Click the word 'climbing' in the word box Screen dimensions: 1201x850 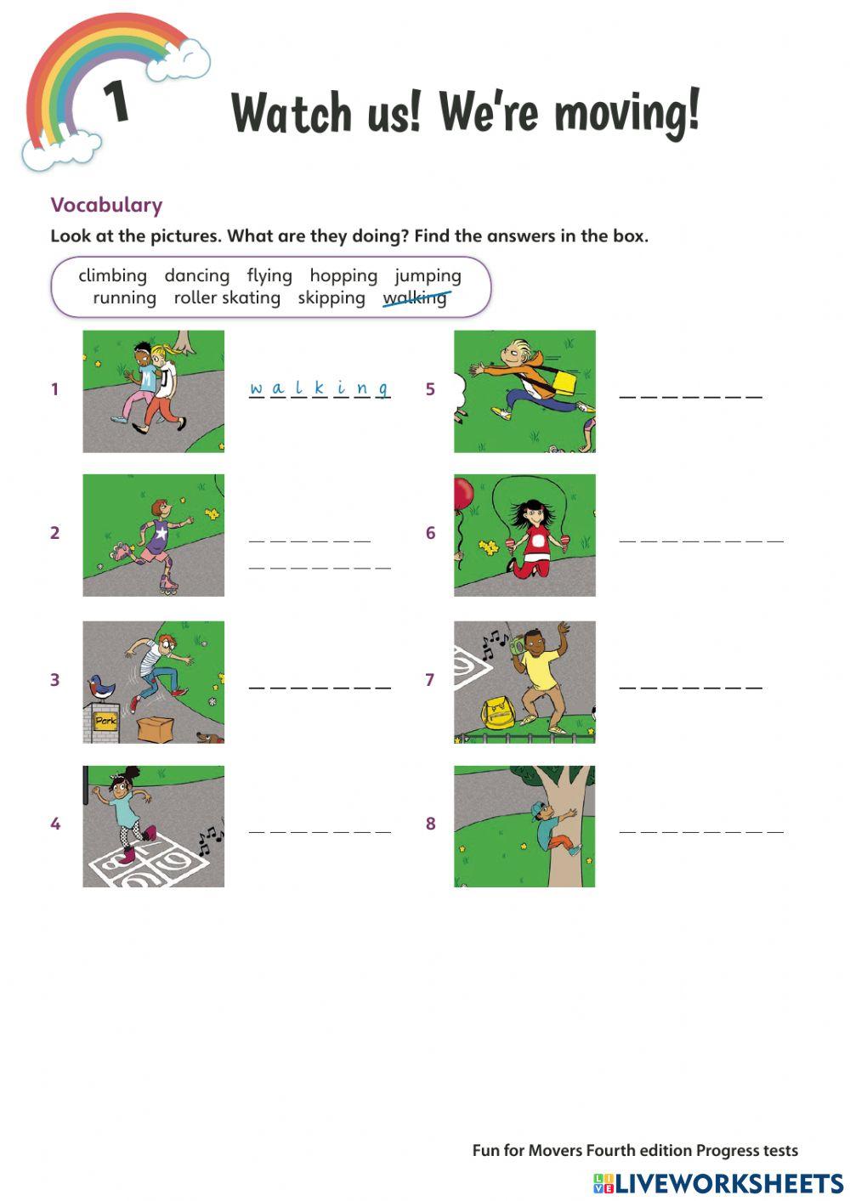point(112,275)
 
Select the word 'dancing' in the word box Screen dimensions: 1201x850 point(196,275)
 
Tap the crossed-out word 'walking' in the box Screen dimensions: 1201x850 point(415,297)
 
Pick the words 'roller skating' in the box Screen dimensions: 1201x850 point(227,297)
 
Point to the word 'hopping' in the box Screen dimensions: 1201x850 point(343,275)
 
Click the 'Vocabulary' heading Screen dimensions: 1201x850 point(106,205)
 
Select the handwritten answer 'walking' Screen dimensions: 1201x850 point(319,388)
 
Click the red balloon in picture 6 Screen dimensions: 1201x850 point(463,494)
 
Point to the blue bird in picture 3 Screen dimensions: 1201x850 point(102,686)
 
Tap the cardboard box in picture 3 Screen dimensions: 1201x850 point(154,728)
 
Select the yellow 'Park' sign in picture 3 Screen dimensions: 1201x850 point(105,721)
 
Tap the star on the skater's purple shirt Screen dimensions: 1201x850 point(161,533)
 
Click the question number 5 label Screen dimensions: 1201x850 point(430,389)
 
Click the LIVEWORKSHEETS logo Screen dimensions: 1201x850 point(718,1183)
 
